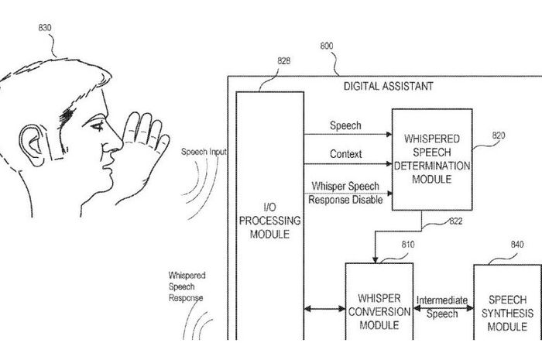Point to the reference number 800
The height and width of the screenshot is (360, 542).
click(x=328, y=46)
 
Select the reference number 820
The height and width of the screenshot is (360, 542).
click(x=499, y=134)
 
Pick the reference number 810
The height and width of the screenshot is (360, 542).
click(x=407, y=245)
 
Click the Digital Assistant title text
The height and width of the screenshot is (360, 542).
click(x=388, y=86)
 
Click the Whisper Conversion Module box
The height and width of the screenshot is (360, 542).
click(x=379, y=311)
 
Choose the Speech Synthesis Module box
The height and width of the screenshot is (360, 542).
click(x=507, y=311)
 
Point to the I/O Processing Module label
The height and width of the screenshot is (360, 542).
click(x=269, y=221)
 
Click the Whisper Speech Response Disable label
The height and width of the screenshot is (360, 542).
click(x=345, y=193)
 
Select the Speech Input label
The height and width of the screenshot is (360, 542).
click(x=204, y=152)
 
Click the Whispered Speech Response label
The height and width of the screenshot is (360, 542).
click(x=186, y=286)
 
